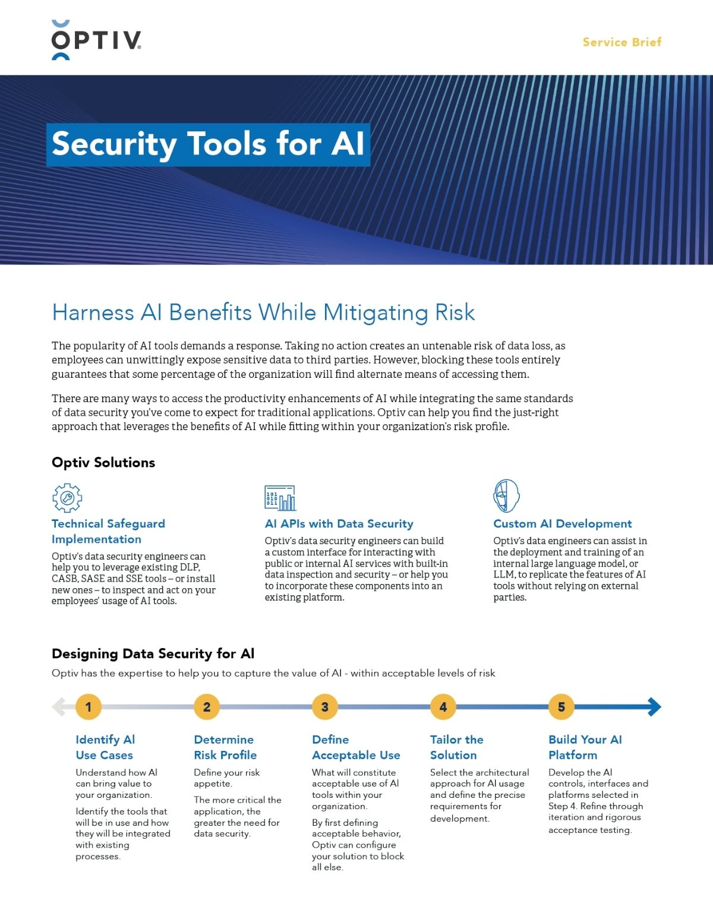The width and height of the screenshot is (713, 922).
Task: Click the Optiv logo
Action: coord(96,40)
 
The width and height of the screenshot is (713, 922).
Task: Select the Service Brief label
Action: coord(621,42)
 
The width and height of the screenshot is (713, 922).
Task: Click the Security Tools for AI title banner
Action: coord(208,144)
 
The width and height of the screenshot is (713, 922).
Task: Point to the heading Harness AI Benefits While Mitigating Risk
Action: coord(263,312)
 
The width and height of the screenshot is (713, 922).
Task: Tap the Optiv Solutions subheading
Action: coord(103,463)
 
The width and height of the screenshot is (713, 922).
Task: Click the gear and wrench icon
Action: coord(67,498)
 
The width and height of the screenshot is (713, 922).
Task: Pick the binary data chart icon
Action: coord(280,498)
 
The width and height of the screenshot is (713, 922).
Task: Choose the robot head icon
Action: coord(506,496)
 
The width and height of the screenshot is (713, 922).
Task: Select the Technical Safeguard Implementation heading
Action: coord(108,531)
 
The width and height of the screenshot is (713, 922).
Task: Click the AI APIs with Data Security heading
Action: coord(339,523)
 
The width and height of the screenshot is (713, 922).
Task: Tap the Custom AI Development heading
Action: coord(562,523)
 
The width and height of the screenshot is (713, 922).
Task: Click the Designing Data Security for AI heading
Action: coord(153,653)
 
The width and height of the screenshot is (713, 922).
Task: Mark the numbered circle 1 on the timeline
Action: coord(89,707)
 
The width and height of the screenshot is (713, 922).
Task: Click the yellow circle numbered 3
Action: coord(324,707)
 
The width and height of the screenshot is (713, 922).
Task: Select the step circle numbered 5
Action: coord(561,707)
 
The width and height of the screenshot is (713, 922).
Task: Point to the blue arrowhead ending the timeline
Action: coord(654,706)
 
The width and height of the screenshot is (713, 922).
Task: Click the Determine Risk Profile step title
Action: coord(225,747)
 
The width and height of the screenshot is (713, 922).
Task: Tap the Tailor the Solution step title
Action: coord(456,747)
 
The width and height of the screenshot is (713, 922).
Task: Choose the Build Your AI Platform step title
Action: coord(585,747)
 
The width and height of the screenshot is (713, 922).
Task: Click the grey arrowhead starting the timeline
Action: coord(58,706)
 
